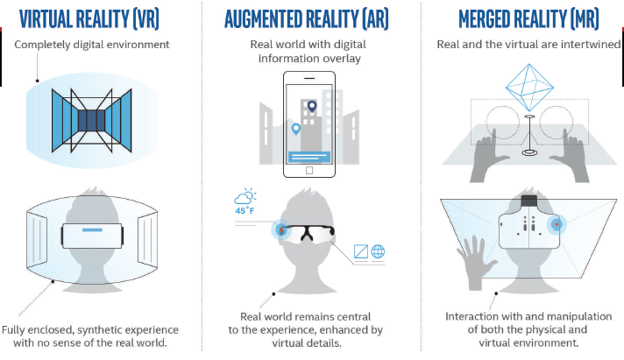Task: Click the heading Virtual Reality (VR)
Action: [89, 19]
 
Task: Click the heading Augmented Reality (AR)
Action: [307, 19]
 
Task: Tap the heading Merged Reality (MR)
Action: [528, 19]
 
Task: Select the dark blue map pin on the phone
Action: [312, 107]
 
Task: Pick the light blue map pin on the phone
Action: [295, 130]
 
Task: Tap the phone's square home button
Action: [309, 170]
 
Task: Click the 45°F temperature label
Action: [245, 210]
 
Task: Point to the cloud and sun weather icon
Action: [245, 195]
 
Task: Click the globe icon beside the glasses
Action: [378, 251]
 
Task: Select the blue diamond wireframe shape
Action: [529, 88]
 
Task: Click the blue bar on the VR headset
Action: [92, 229]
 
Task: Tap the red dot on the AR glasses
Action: [281, 229]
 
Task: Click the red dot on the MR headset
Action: [557, 225]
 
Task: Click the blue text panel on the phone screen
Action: [309, 157]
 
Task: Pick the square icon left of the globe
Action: [361, 251]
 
